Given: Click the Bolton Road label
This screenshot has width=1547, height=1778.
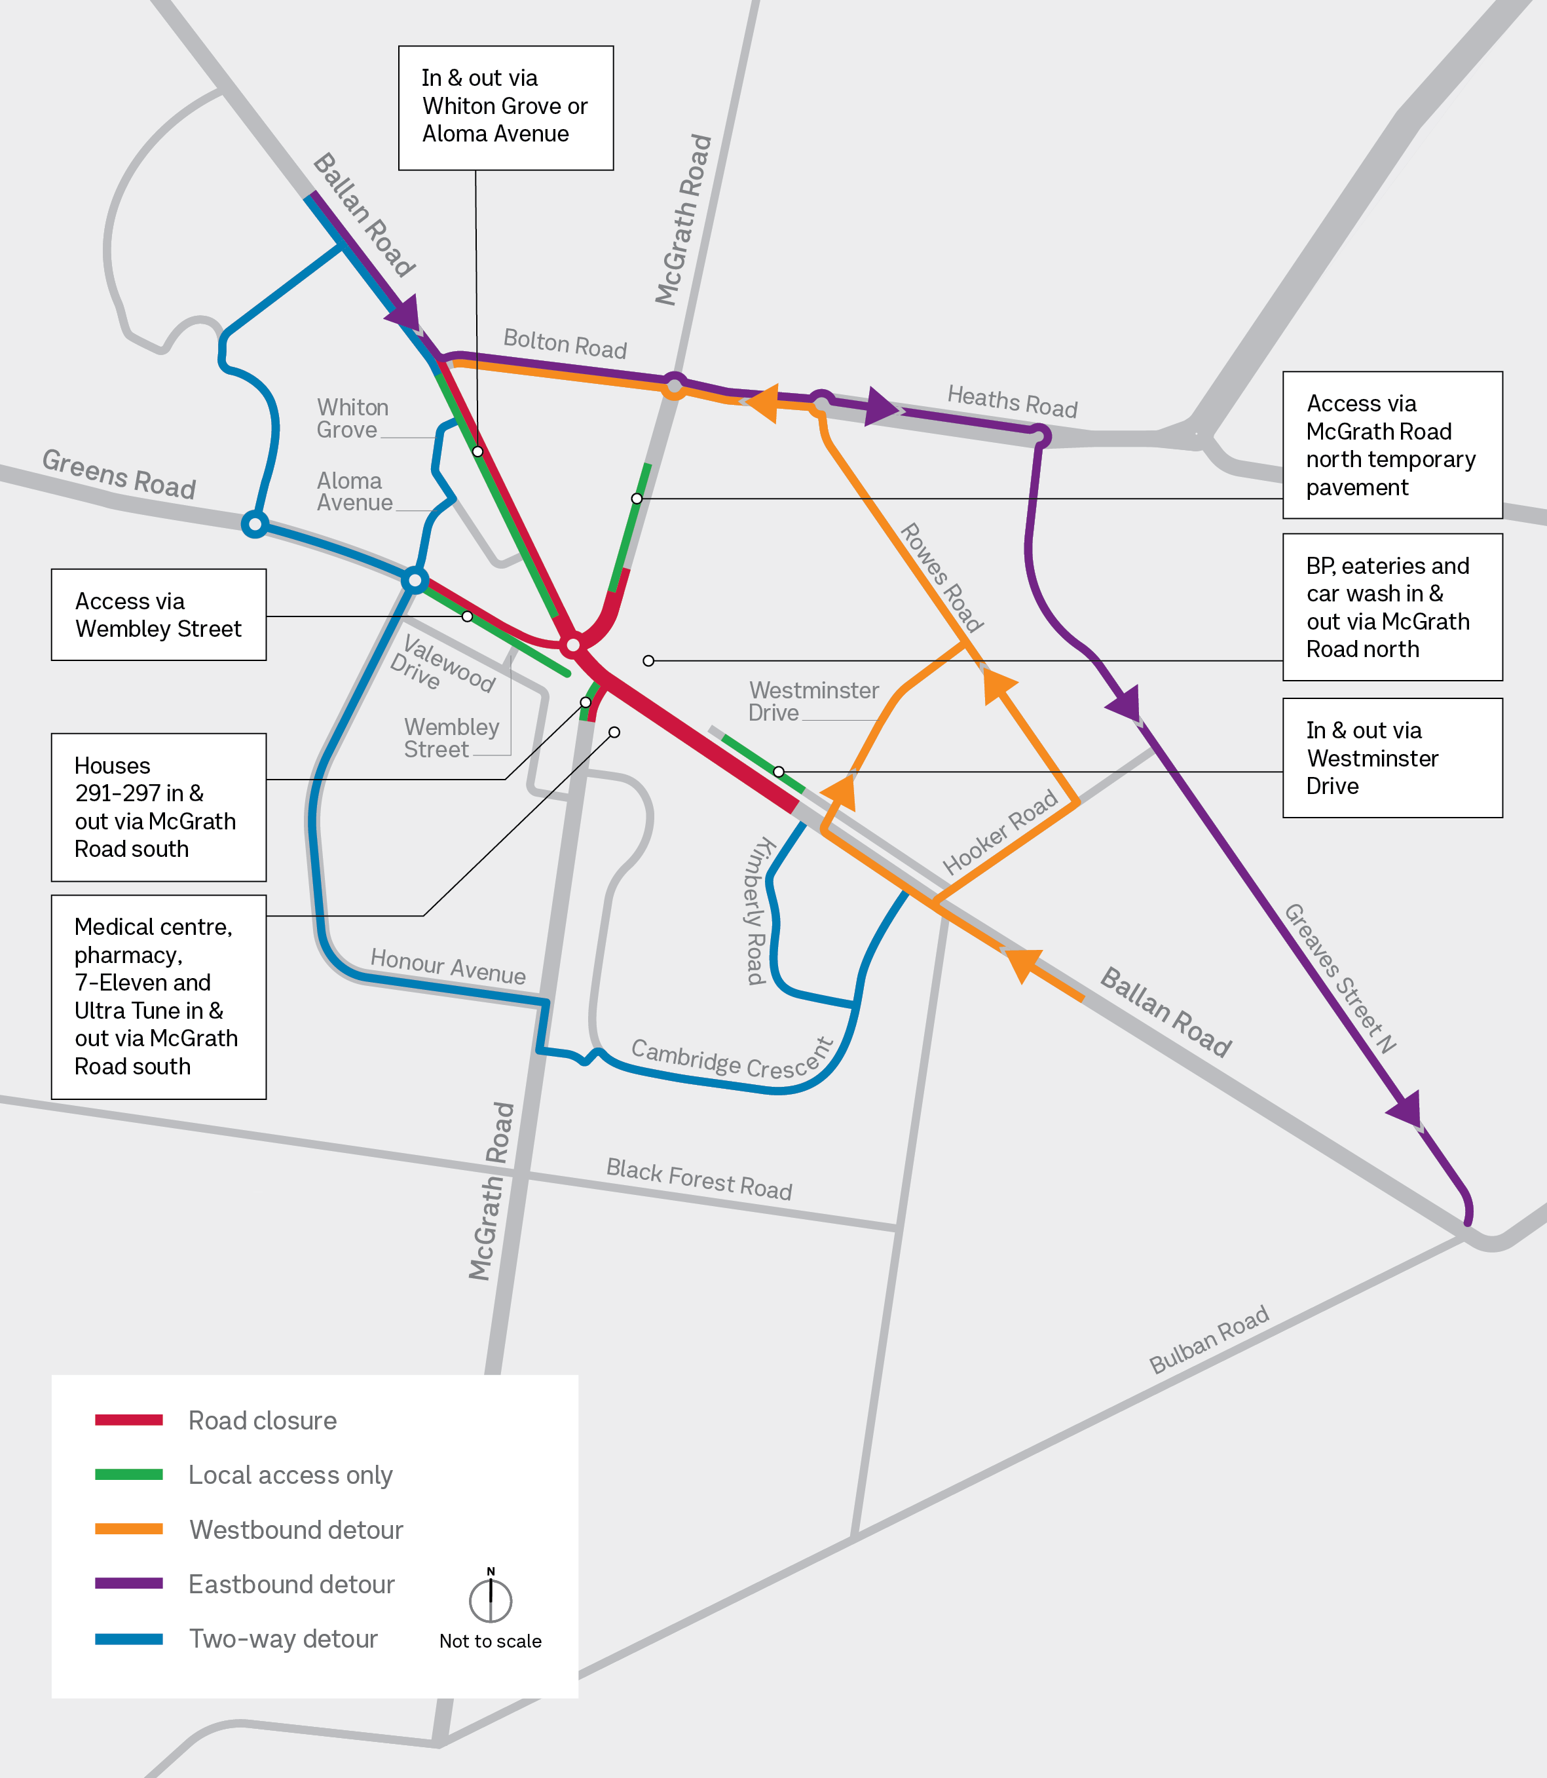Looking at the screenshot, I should [565, 344].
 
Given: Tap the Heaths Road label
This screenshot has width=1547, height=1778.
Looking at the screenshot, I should [1012, 402].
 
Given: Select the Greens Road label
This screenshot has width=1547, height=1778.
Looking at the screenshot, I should [119, 474].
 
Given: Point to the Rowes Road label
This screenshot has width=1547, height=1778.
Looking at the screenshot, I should [941, 577].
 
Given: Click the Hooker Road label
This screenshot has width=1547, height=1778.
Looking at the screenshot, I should [999, 831].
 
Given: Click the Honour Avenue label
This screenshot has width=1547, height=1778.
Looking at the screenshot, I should [447, 966].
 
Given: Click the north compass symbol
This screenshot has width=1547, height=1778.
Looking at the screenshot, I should [491, 1599].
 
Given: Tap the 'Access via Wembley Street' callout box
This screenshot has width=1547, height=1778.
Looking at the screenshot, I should [159, 615].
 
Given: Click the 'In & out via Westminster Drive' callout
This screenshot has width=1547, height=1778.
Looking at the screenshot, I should [1392, 757].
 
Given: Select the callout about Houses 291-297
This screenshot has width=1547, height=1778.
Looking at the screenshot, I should [159, 806].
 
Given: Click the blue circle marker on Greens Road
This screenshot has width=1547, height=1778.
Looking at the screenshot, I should [255, 524].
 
